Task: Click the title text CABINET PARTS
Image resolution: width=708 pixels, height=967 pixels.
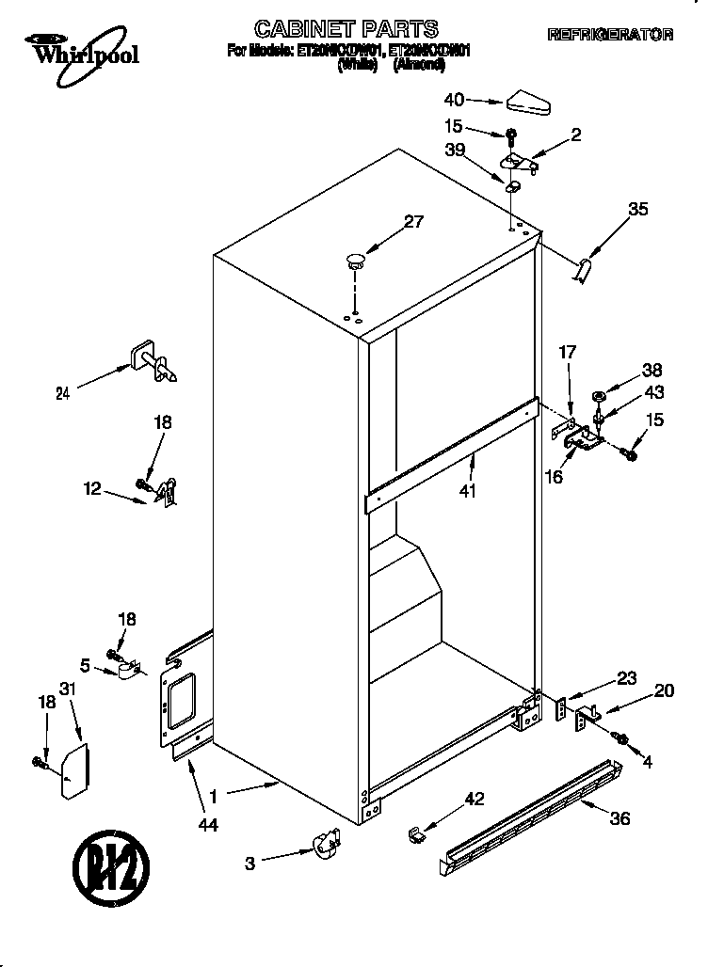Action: click(346, 28)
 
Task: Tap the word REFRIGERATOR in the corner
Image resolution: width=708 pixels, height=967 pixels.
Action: click(610, 35)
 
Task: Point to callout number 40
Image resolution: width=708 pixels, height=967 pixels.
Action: click(454, 98)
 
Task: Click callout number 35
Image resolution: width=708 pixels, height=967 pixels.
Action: click(637, 210)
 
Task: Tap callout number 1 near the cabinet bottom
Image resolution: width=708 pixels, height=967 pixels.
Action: click(214, 796)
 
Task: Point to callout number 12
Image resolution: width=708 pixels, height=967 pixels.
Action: click(92, 488)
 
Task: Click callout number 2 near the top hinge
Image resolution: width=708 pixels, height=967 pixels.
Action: click(575, 135)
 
